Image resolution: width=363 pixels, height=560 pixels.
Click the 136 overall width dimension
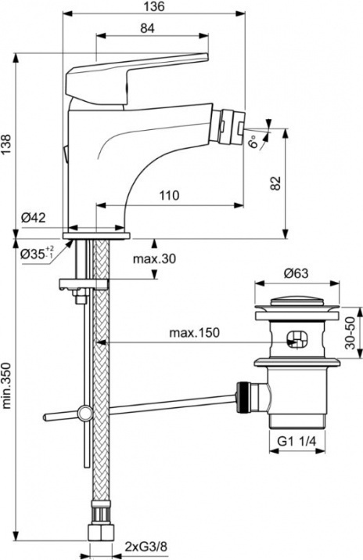(155, 6)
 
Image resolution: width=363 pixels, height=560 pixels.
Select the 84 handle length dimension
(147, 28)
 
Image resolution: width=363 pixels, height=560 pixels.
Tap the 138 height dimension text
(6, 145)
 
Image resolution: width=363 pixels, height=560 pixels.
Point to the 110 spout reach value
(169, 196)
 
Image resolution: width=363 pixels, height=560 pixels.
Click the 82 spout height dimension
(275, 183)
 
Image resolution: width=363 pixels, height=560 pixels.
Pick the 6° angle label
(253, 142)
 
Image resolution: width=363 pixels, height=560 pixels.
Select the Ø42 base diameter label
(33, 218)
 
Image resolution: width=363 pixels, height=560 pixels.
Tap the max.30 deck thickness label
(154, 258)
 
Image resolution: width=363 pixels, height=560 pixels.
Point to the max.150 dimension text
(194, 333)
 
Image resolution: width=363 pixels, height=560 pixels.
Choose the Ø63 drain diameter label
(296, 273)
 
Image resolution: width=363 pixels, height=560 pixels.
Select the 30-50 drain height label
(350, 333)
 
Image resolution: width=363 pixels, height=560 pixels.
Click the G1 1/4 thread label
(297, 442)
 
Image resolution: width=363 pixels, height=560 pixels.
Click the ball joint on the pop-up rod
(84, 414)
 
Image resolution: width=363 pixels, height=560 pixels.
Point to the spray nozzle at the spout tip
(231, 125)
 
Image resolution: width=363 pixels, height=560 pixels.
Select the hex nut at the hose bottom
(101, 532)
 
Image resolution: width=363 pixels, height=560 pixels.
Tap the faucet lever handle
(137, 79)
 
